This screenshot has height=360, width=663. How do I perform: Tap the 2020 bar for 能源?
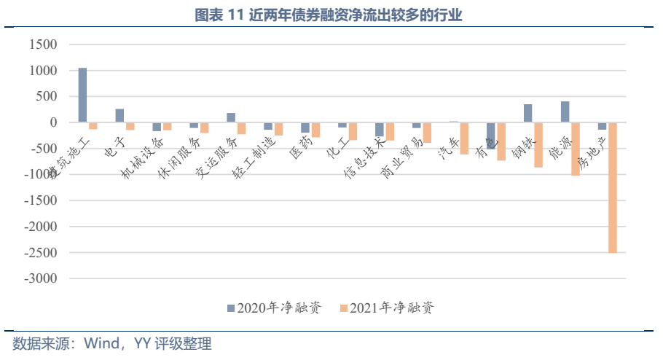coord(565,111)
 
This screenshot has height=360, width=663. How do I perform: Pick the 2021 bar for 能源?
coord(576,149)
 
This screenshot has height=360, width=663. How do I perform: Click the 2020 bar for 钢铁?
coord(528,113)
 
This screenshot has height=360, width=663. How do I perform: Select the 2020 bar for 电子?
coord(119,116)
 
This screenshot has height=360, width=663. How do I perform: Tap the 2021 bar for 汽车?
coord(464,138)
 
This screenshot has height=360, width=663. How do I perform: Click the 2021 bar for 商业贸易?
coord(427,132)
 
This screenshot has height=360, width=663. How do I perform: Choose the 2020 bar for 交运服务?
coord(231,118)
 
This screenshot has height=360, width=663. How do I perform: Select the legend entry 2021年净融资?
coord(391,308)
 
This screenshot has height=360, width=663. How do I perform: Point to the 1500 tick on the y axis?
coord(43,45)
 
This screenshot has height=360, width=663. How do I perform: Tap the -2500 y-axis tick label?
coord(40,253)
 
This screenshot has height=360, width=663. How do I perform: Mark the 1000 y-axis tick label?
coord(43,71)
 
